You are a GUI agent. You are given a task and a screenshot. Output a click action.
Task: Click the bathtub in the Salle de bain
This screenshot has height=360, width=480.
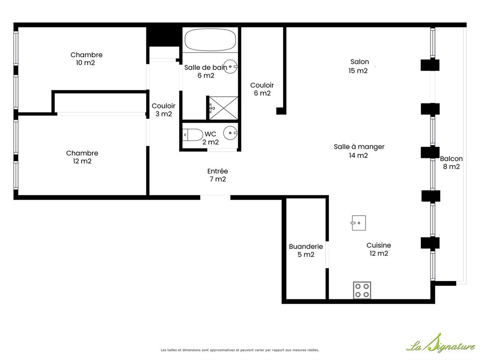[x=210, y=40]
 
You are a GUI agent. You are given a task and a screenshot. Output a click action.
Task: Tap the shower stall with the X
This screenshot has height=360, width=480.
[x=223, y=108]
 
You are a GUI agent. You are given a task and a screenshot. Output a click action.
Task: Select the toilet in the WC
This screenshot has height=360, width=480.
[x=193, y=135]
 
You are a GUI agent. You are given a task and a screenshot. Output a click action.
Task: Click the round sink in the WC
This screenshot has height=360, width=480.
[x=231, y=133]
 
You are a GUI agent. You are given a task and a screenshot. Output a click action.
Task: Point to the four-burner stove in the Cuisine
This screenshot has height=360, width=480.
[x=362, y=290]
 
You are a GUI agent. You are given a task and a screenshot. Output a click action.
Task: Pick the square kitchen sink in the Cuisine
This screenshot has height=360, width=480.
[x=358, y=223]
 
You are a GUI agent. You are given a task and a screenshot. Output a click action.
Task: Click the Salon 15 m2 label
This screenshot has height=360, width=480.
[x=359, y=66]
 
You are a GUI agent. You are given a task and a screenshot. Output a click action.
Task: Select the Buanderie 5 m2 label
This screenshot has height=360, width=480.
[x=306, y=250]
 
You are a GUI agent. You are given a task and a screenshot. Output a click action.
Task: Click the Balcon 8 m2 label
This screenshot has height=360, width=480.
[x=451, y=162]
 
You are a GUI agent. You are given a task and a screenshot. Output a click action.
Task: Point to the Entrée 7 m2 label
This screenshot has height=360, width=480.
[x=217, y=175]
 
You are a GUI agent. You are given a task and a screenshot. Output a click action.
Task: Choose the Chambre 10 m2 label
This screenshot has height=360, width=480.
[x=86, y=59]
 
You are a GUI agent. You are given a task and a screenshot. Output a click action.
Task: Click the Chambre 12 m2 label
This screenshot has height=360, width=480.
[x=82, y=157]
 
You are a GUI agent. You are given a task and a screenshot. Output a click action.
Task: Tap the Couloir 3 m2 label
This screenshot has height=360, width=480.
[x=163, y=110]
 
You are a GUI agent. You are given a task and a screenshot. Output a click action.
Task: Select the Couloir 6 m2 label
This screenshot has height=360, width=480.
[x=262, y=89]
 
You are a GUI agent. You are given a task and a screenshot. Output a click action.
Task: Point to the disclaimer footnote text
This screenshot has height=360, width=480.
[x=240, y=350]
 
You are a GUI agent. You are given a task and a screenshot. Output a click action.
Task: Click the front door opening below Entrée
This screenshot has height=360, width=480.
[x=215, y=198]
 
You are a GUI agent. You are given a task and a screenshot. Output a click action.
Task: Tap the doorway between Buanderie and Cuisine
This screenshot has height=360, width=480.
[x=327, y=255]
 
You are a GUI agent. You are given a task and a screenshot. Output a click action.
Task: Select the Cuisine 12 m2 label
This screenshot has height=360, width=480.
[x=379, y=249]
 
